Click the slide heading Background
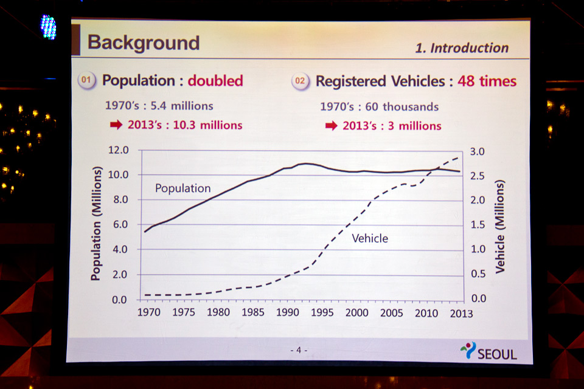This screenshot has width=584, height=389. pyautogui.click(x=144, y=43)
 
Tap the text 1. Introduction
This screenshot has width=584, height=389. pyautogui.click(x=462, y=48)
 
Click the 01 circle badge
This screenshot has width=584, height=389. pyautogui.click(x=87, y=81)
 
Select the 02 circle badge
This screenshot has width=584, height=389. pyautogui.click(x=300, y=81)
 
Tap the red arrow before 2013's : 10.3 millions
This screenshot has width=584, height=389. pyautogui.click(x=116, y=125)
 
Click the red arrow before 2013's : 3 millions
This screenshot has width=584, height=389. pyautogui.click(x=331, y=126)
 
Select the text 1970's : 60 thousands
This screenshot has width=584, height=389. pyautogui.click(x=379, y=106)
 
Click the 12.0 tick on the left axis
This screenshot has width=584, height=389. pyautogui.click(x=119, y=150)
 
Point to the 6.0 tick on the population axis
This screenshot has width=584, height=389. pyautogui.click(x=119, y=224)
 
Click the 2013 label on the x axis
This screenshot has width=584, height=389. pyautogui.click(x=461, y=314)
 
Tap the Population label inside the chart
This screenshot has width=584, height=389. pyautogui.click(x=182, y=188)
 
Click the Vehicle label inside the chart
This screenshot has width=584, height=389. pyautogui.click(x=370, y=238)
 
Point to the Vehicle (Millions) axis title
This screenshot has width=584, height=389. pyautogui.click(x=500, y=226)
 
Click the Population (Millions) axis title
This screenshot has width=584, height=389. pyautogui.click(x=96, y=224)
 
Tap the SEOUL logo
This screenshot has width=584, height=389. pyautogui.click(x=488, y=351)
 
